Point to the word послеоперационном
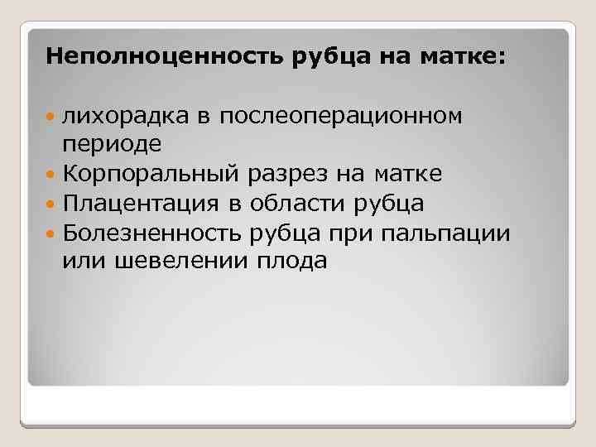click(340, 116)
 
